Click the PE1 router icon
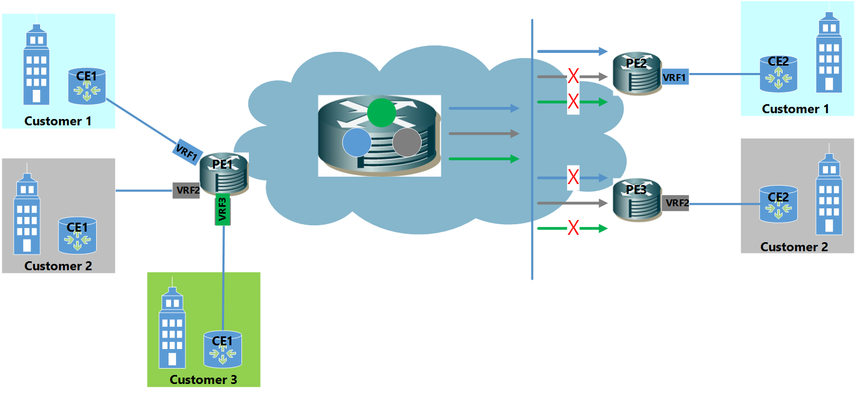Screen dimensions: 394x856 click(224, 174)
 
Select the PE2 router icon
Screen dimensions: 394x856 click(637, 74)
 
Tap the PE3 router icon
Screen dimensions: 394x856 click(637, 200)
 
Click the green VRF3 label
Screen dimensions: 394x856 click(222, 209)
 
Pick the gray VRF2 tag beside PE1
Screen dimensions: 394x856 click(187, 190)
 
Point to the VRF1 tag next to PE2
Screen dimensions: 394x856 click(675, 77)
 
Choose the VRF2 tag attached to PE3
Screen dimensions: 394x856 click(676, 203)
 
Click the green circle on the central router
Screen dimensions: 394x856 click(382, 113)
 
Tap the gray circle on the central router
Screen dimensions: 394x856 click(407, 142)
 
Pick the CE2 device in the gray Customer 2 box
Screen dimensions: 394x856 click(778, 204)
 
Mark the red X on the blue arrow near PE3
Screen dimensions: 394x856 click(573, 177)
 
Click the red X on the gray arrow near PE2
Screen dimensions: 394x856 click(573, 76)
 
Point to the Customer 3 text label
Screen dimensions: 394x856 click(203, 380)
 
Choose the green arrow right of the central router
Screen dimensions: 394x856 click(483, 159)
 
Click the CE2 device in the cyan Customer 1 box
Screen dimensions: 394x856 click(778, 74)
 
